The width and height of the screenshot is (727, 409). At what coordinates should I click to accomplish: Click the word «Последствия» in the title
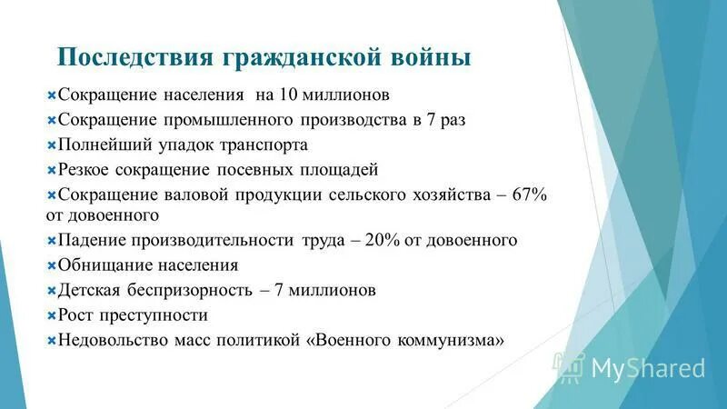pyautogui.click(x=134, y=58)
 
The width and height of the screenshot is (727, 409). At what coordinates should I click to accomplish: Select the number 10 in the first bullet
pyautogui.click(x=289, y=95)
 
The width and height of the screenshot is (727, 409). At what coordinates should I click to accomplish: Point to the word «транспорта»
pyautogui.click(x=262, y=145)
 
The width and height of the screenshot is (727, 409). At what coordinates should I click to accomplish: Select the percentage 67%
pyautogui.click(x=529, y=195)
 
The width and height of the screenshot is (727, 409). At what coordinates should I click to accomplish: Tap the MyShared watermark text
pyautogui.click(x=647, y=367)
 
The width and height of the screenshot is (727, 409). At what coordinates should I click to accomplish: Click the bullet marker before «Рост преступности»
pyautogui.click(x=51, y=315)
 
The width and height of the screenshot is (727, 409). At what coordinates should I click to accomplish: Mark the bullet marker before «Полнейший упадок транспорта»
pyautogui.click(x=51, y=145)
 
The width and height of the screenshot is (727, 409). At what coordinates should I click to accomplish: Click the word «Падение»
pyautogui.click(x=90, y=241)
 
